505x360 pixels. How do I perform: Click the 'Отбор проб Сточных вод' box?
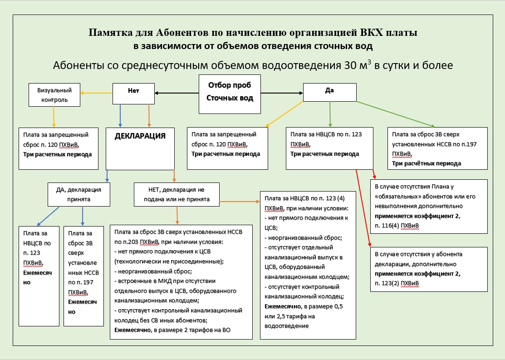[x=230, y=94]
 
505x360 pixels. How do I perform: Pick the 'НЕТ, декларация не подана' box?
[x=177, y=194]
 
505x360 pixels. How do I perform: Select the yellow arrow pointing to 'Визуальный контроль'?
[x=97, y=93]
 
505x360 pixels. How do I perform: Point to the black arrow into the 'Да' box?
[x=281, y=94]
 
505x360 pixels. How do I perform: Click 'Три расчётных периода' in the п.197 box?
[x=426, y=163]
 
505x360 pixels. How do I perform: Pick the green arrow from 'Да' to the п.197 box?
[x=395, y=114]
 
